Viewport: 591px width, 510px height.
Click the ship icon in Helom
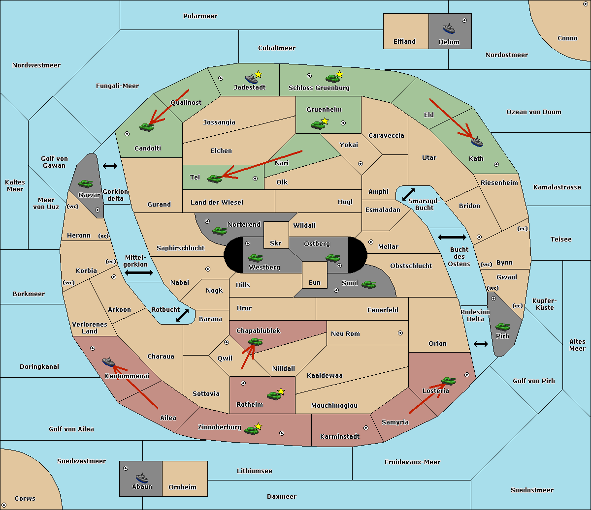tap(449, 29)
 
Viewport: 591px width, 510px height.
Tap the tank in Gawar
tap(85, 183)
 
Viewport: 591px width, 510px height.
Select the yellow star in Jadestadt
tap(258, 74)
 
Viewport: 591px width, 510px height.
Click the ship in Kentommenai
tap(108, 361)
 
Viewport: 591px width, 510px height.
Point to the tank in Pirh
tap(502, 327)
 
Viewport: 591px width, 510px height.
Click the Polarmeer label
tap(200, 16)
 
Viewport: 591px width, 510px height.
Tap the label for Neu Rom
tap(345, 333)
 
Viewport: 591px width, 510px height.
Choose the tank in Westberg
tap(255, 258)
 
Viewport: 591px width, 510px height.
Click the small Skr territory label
tap(276, 243)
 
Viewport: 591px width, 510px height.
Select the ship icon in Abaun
tap(142, 478)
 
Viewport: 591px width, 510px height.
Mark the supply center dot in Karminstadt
tap(366, 428)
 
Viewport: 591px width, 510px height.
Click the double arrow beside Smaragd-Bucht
tap(408, 194)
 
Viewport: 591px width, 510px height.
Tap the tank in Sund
tap(368, 284)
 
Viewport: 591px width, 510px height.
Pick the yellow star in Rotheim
tap(281, 391)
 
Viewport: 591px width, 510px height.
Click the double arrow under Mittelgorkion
tap(139, 272)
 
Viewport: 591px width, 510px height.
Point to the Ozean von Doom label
tap(534, 112)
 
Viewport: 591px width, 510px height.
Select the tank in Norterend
tap(219, 231)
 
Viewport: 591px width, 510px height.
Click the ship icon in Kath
tap(477, 142)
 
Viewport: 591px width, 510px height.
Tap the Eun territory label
tap(315, 282)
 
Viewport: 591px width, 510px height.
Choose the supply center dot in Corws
tap(4, 505)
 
